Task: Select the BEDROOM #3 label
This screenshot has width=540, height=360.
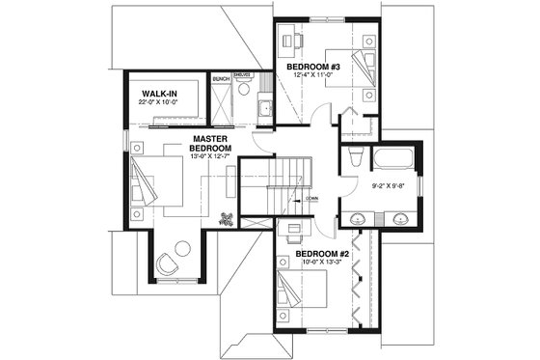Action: click(311, 66)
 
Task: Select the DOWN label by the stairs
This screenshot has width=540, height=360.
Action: click(311, 198)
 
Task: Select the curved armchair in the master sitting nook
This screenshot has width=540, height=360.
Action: click(168, 261)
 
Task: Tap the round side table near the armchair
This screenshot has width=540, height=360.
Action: click(183, 247)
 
